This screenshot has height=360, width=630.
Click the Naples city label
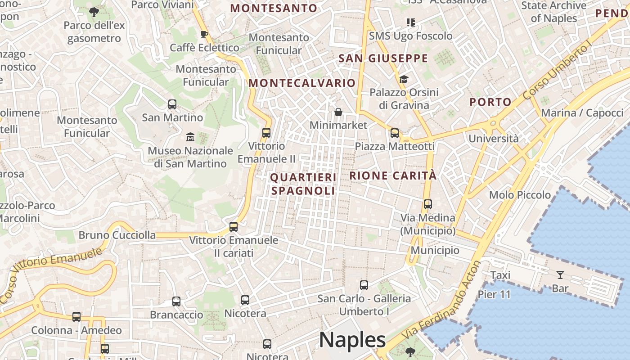[352, 340]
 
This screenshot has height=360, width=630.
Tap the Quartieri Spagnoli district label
[303, 184]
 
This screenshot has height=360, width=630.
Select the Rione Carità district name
[393, 175]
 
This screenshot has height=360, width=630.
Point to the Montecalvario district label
[302, 83]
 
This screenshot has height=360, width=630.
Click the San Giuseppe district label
[383, 58]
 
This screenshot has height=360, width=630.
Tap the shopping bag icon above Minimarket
[338, 112]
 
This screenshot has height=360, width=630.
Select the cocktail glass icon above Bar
[560, 274]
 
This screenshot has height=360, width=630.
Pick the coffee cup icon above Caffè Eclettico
[204, 34]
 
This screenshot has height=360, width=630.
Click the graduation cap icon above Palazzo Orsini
[404, 80]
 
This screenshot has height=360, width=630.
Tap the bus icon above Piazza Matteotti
[395, 133]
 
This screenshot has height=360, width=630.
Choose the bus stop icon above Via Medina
[428, 204]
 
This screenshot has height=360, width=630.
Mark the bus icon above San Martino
[172, 104]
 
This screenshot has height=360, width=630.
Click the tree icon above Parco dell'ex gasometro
[94, 12]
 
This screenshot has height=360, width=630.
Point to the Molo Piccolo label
[520, 195]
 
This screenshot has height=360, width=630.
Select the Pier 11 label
[494, 295]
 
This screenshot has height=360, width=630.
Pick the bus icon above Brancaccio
[176, 301]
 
